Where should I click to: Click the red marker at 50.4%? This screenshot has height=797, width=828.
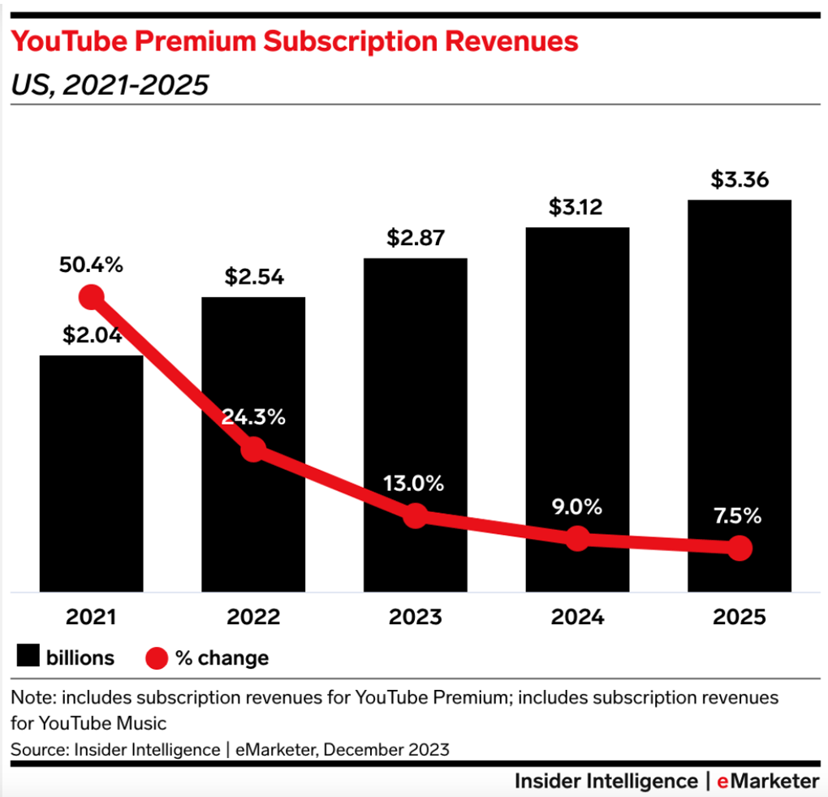pyautogui.click(x=92, y=297)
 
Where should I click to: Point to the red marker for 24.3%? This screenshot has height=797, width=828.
pyautogui.click(x=253, y=449)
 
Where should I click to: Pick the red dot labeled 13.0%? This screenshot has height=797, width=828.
pyautogui.click(x=415, y=515)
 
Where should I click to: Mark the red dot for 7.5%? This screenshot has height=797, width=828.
pyautogui.click(x=739, y=549)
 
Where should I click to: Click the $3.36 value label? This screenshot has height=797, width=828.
pyautogui.click(x=739, y=179)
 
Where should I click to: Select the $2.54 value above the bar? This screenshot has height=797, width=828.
pyautogui.click(x=253, y=278)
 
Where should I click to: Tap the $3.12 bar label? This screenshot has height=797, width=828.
pyautogui.click(x=577, y=208)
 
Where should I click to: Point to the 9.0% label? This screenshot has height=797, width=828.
pyautogui.click(x=577, y=507)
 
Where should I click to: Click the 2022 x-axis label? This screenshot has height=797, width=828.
pyautogui.click(x=253, y=618)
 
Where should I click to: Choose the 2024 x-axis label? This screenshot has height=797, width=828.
pyautogui.click(x=577, y=618)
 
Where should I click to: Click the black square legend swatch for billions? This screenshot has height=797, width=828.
pyautogui.click(x=28, y=657)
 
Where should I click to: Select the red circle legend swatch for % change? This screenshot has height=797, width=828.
pyautogui.click(x=157, y=657)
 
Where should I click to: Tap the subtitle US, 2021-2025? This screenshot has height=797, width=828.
pyautogui.click(x=110, y=84)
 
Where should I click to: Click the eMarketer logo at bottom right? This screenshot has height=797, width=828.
pyautogui.click(x=768, y=781)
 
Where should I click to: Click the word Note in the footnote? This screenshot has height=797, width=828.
pyautogui.click(x=30, y=698)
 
